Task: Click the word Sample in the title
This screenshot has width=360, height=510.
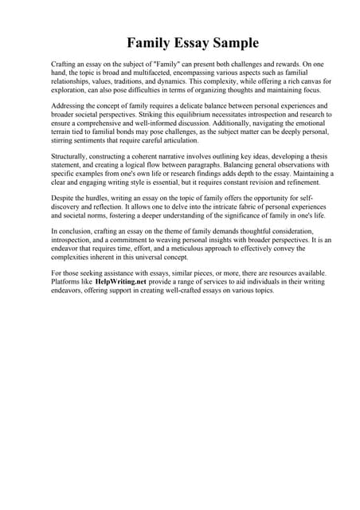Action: (232, 42)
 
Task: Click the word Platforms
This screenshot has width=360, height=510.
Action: (68, 282)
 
